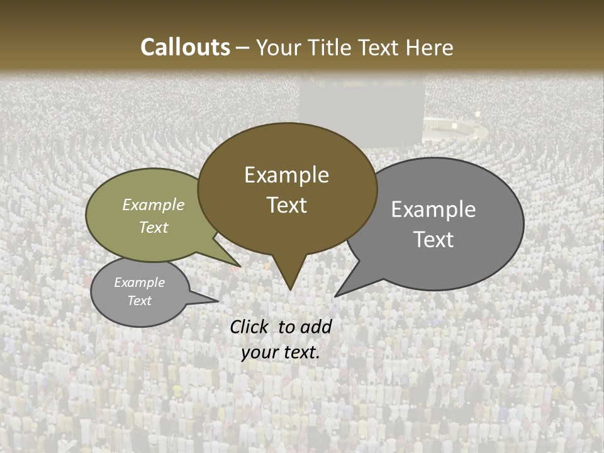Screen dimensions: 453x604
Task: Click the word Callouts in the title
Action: pyautogui.click(x=185, y=47)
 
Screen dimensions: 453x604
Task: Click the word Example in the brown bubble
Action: pyautogui.click(x=286, y=175)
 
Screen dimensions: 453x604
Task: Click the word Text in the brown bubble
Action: pyautogui.click(x=286, y=205)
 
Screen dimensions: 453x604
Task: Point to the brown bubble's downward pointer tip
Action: pyautogui.click(x=289, y=289)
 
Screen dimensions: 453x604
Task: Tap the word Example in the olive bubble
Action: pyautogui.click(x=154, y=204)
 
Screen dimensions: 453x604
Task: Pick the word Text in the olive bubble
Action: pyautogui.click(x=154, y=227)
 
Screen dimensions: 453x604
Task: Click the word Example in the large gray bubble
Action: pyautogui.click(x=433, y=210)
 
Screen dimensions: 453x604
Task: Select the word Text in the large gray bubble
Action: pyautogui.click(x=433, y=239)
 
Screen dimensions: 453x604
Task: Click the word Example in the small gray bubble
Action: pyautogui.click(x=140, y=282)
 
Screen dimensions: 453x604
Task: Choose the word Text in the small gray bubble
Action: pyautogui.click(x=140, y=301)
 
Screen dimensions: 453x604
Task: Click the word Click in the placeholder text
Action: pyautogui.click(x=251, y=327)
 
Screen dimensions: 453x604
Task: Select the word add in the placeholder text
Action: pyautogui.click(x=316, y=327)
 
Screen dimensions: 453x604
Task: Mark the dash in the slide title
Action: pyautogui.click(x=243, y=48)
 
